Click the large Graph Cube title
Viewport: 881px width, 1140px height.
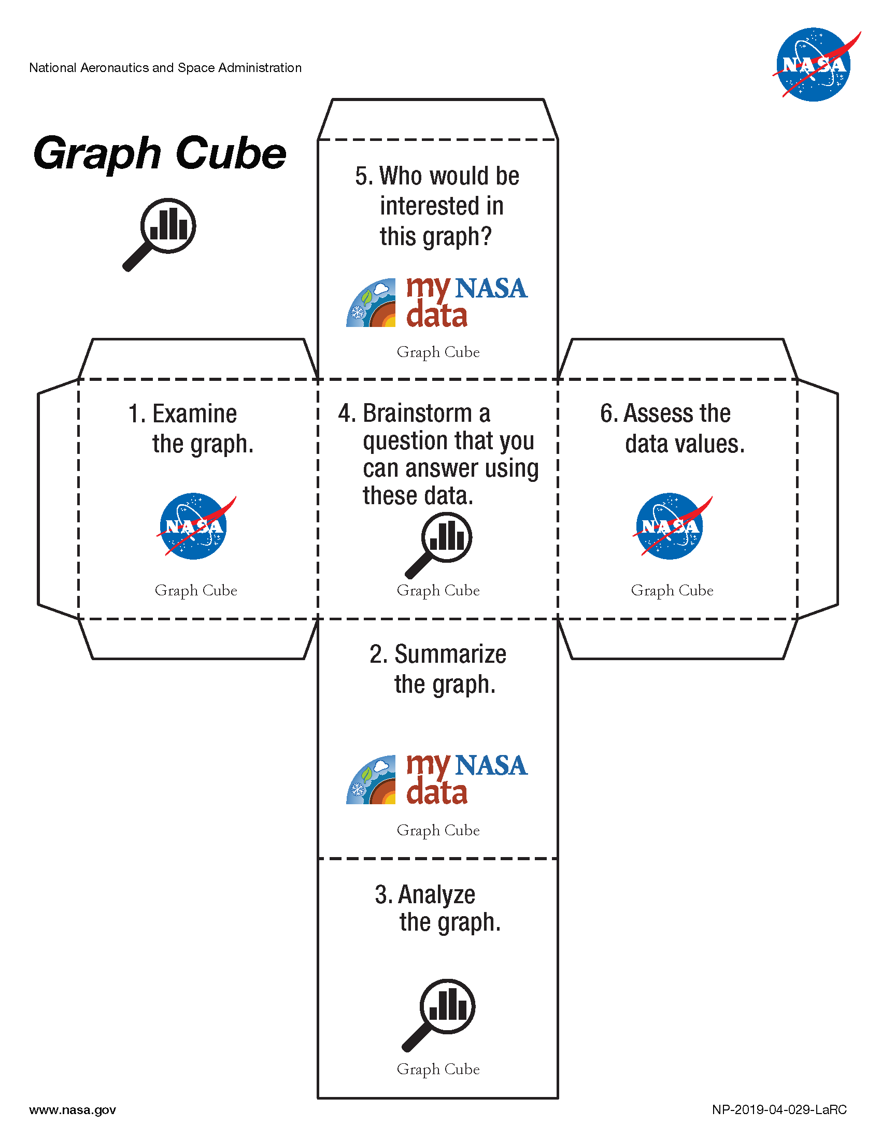point(160,154)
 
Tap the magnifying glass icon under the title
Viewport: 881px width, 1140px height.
point(159,234)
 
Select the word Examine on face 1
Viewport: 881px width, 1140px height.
point(195,414)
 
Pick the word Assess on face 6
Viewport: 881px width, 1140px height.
point(659,414)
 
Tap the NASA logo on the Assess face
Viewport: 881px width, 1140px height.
point(672,526)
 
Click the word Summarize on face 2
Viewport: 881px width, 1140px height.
point(450,654)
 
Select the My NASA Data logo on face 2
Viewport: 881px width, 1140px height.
point(437,779)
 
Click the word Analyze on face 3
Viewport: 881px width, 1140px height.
point(437,895)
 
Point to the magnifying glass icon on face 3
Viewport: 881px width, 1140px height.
point(438,1015)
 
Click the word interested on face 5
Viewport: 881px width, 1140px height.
point(442,206)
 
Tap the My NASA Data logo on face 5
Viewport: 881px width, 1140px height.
point(437,302)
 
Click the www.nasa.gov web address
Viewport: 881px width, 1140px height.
point(73,1109)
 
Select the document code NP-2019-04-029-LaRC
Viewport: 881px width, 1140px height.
point(779,1109)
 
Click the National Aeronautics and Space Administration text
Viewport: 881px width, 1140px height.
point(165,68)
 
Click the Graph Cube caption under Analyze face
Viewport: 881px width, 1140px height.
point(438,1069)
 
